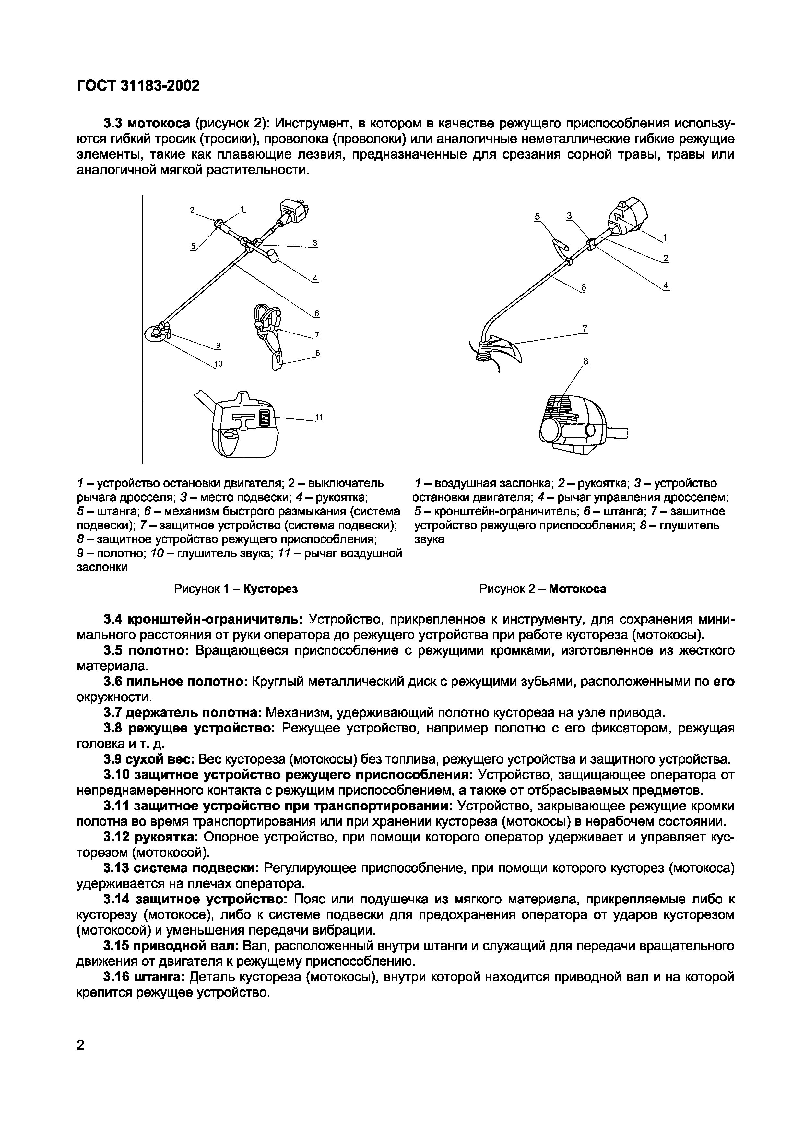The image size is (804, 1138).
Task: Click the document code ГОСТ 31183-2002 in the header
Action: (138, 86)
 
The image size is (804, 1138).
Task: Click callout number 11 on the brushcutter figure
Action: (319, 417)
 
